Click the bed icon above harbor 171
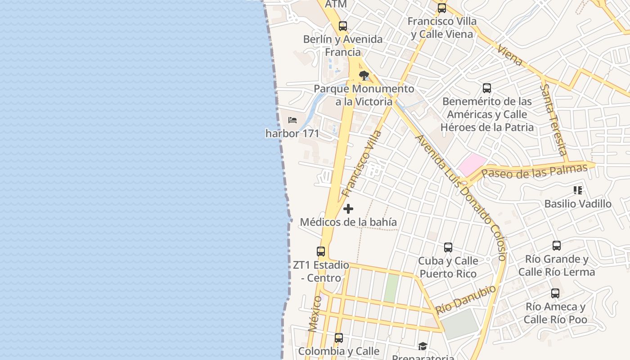(292, 120)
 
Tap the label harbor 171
(292, 134)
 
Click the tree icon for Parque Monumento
(364, 75)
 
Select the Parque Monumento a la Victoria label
(364, 95)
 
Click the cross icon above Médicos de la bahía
(348, 209)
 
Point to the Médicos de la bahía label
(348, 222)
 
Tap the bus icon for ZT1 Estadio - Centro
(321, 252)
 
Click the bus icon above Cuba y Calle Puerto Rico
(448, 247)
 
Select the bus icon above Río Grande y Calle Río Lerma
(557, 246)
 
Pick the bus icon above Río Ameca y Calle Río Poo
(555, 293)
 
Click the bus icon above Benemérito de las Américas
(487, 88)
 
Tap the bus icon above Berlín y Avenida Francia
(343, 26)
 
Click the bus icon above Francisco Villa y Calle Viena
(442, 8)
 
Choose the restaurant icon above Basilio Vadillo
(578, 190)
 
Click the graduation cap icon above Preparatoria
(423, 346)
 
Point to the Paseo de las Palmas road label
(535, 171)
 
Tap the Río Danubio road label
(466, 299)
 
